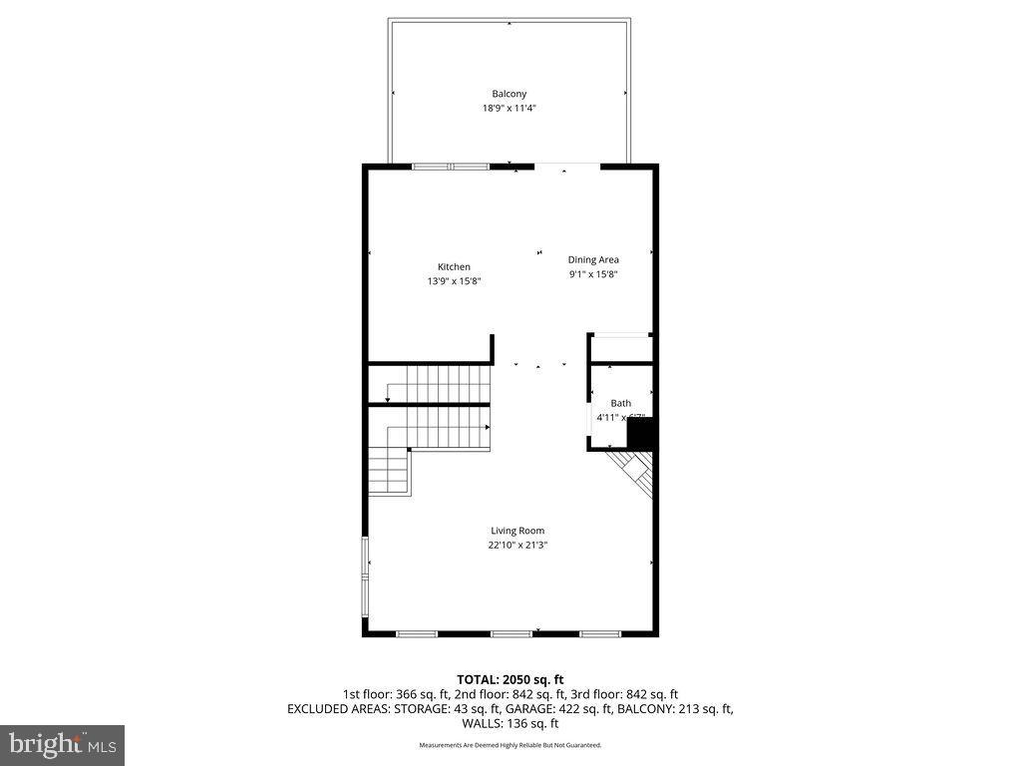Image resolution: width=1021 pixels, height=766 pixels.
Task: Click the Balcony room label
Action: [509, 94]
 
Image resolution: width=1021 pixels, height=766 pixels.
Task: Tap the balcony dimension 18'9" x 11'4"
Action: [509, 108]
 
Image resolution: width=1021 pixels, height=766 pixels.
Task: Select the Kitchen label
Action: [454, 266]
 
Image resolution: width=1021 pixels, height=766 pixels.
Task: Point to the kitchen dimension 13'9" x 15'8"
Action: [454, 281]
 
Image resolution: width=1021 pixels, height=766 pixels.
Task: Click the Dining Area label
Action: [593, 259]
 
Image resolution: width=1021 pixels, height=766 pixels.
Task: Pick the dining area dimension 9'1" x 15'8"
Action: [593, 274]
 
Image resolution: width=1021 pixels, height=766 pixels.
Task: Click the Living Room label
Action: [517, 531]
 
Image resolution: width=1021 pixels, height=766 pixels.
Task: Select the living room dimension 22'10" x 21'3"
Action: [517, 546]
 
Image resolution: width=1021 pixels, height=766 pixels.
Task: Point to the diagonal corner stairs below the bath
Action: [635, 473]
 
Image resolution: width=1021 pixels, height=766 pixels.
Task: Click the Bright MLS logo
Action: [62, 744]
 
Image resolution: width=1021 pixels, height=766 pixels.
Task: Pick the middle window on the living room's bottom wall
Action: [510, 633]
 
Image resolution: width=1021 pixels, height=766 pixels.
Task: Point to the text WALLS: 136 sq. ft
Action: [510, 724]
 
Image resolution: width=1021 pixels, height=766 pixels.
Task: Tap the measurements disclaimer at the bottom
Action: [510, 745]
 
